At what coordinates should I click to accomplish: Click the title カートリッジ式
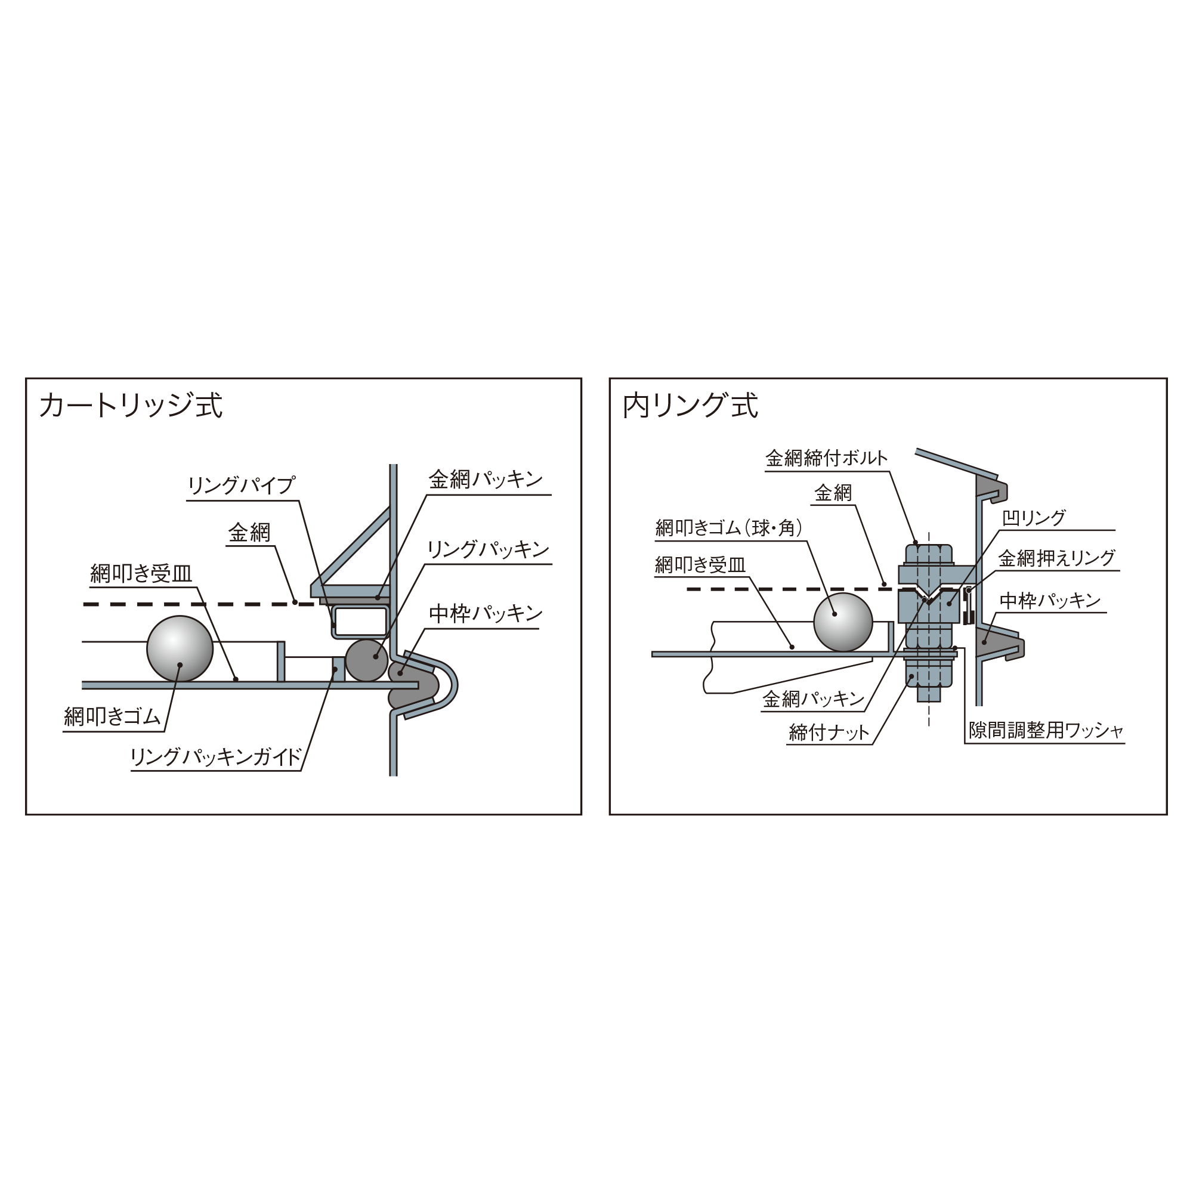pyautogui.click(x=131, y=406)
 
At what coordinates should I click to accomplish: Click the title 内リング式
pyautogui.click(x=690, y=406)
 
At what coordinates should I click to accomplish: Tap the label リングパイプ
pyautogui.click(x=242, y=486)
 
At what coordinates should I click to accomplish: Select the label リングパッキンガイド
pyautogui.click(x=216, y=756)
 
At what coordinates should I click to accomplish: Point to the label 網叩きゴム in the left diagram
pyautogui.click(x=112, y=716)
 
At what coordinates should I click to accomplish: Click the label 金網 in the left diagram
pyautogui.click(x=249, y=532)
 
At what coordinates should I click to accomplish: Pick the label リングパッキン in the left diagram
pyautogui.click(x=488, y=549)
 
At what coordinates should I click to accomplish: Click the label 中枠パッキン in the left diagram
pyautogui.click(x=486, y=614)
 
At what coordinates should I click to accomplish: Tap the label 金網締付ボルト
pyautogui.click(x=826, y=458)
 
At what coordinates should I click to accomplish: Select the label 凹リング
pyautogui.click(x=1034, y=517)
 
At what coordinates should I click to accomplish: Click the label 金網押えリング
pyautogui.click(x=1057, y=558)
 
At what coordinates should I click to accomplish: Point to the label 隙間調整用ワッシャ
pyautogui.click(x=1046, y=731)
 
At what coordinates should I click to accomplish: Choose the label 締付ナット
pyautogui.click(x=829, y=733)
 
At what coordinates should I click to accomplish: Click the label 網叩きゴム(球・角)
pyautogui.click(x=730, y=528)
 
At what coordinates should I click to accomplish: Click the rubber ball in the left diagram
pyautogui.click(x=180, y=648)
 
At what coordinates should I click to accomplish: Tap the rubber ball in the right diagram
pyautogui.click(x=843, y=622)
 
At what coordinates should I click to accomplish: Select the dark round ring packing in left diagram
pyautogui.click(x=367, y=660)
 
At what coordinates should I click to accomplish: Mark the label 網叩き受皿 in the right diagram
pyautogui.click(x=700, y=564)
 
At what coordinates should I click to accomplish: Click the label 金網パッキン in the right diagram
pyautogui.click(x=813, y=699)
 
